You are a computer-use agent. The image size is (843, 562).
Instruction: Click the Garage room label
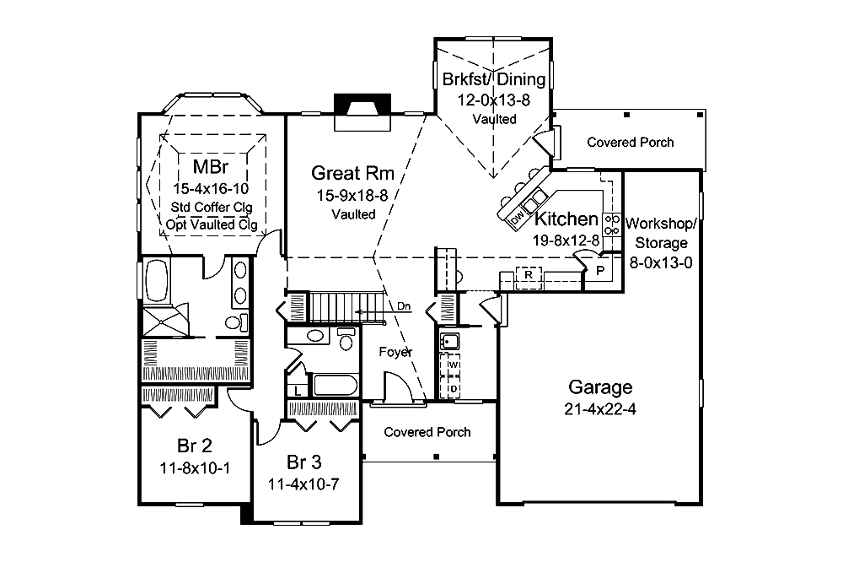point(599,387)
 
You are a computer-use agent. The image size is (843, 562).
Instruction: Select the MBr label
point(207,165)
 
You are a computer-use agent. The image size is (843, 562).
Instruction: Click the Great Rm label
point(353,173)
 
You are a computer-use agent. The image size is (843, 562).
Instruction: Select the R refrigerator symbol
point(528,275)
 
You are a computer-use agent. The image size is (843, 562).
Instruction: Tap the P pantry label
point(600,270)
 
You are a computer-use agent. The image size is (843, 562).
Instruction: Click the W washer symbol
point(452,365)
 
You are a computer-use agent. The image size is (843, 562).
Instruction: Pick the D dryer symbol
point(452,387)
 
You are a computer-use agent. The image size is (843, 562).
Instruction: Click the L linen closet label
point(298,391)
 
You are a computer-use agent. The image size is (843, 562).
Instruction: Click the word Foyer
point(395,352)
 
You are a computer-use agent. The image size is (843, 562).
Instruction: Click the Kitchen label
point(566,219)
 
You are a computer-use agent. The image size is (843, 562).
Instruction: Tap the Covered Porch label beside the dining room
point(630,142)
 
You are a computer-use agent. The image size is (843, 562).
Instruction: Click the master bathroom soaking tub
point(158,281)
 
